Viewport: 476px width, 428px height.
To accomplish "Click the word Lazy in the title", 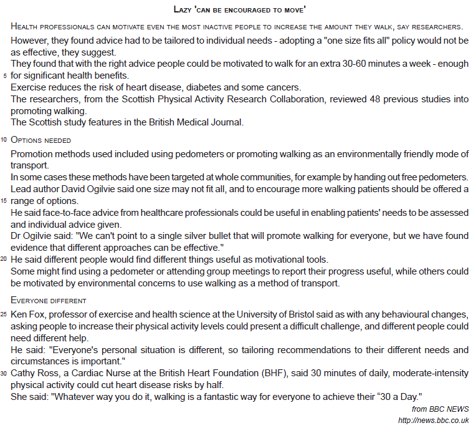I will pyautogui.click(x=183, y=10).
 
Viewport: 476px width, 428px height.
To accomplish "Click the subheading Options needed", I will pyautogui.click(x=41, y=140).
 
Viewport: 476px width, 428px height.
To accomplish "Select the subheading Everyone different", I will pyautogui.click(x=49, y=301).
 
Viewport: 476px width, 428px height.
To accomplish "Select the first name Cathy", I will pyautogui.click(x=24, y=373).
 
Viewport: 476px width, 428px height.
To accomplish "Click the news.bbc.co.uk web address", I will pyautogui.click(x=433, y=420).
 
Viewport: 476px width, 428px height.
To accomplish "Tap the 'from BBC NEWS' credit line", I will pyautogui.click(x=440, y=409).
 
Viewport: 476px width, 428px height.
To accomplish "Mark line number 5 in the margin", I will pyautogui.click(x=5, y=76).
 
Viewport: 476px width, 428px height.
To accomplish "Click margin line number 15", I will pyautogui.click(x=4, y=201).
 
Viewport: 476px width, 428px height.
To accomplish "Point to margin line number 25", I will pyautogui.click(x=4, y=314).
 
